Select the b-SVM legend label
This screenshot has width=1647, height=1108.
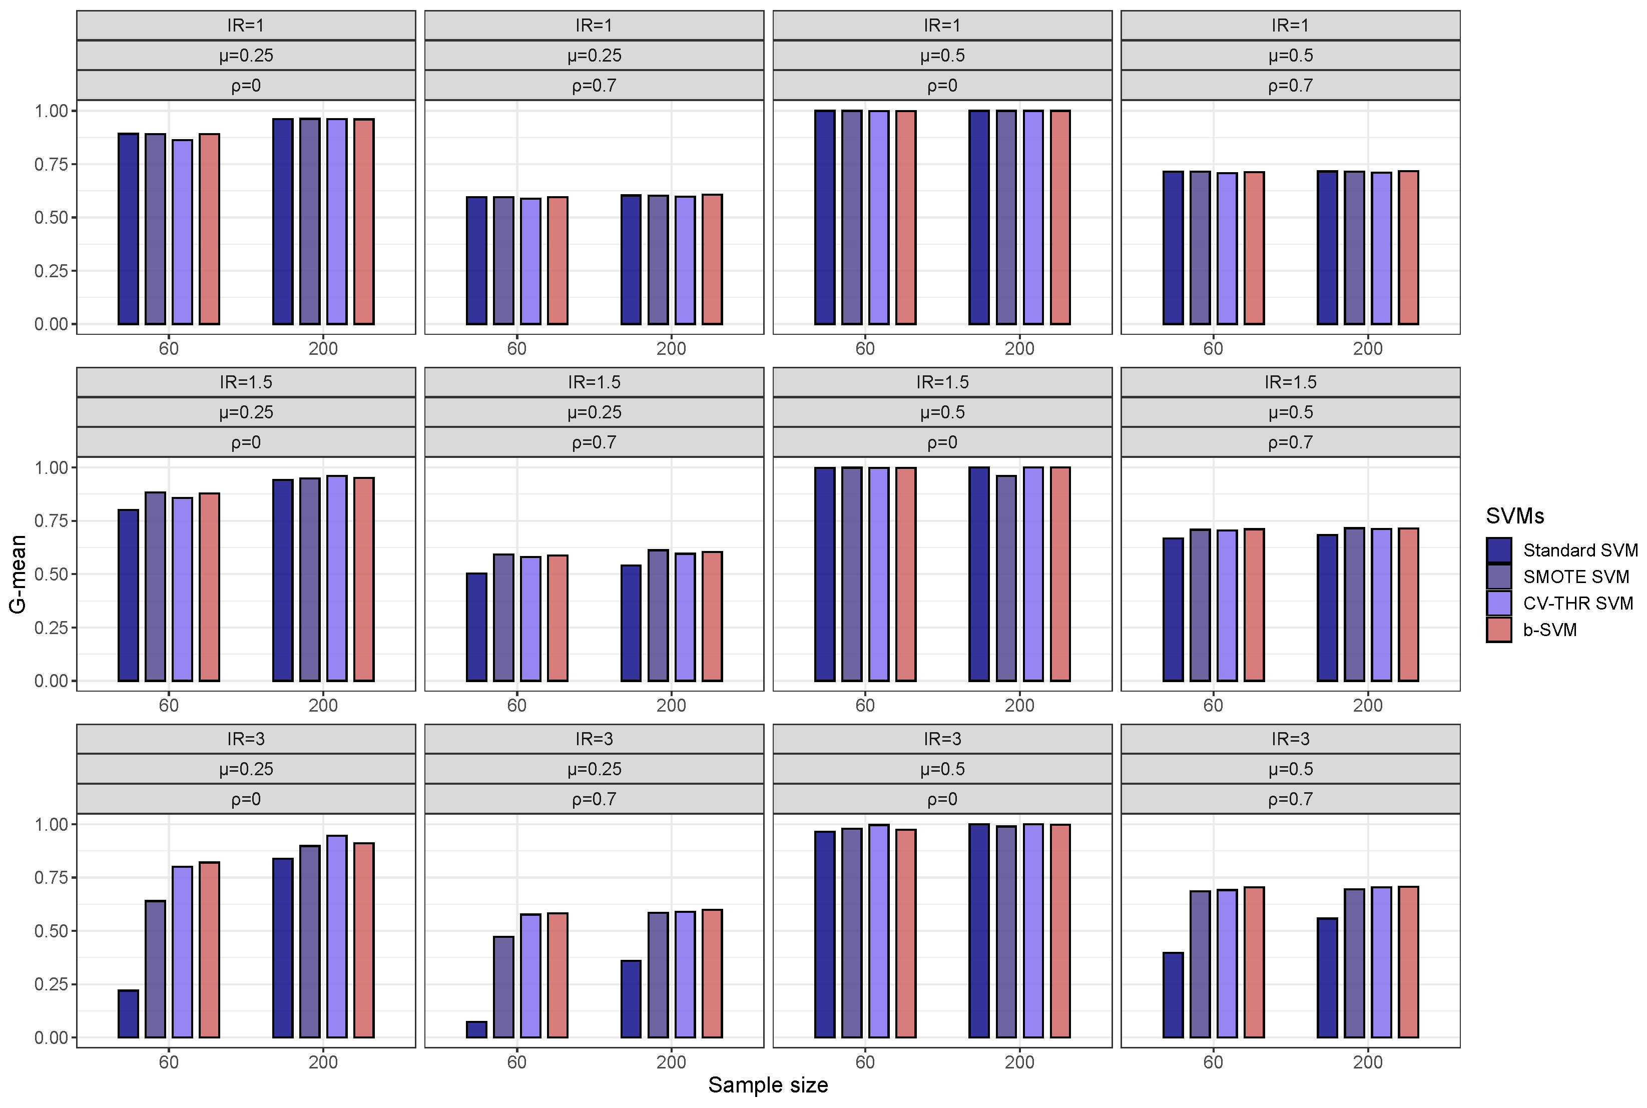[1549, 630]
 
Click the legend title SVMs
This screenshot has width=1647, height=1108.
[1514, 516]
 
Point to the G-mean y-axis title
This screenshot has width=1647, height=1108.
[18, 574]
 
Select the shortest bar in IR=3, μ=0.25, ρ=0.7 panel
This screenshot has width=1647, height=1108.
[476, 1029]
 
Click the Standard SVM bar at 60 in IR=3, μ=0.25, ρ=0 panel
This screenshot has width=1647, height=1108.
[128, 1014]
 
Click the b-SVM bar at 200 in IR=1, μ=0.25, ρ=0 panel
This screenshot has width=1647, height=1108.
[364, 221]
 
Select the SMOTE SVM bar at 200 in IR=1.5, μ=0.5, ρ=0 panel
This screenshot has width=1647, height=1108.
[1006, 578]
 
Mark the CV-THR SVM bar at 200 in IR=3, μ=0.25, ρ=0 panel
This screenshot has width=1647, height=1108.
[337, 936]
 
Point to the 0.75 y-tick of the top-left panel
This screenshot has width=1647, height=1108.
[51, 165]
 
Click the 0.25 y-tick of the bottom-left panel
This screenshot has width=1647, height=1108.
[51, 984]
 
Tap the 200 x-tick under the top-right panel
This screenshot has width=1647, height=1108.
[1367, 348]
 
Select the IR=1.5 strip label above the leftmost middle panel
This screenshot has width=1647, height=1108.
[245, 382]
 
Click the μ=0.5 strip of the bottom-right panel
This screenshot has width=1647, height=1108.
[1290, 769]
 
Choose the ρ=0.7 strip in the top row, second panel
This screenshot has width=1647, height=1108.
[594, 86]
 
